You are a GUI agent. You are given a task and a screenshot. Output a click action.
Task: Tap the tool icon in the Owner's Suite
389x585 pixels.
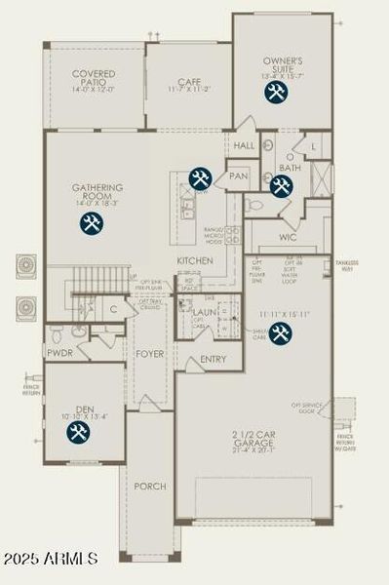276,92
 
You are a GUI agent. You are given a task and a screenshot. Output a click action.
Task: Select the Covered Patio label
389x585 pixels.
94,80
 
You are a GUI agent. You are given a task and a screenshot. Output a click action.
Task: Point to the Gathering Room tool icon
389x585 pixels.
91,223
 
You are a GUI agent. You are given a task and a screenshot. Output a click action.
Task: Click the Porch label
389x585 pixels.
150,486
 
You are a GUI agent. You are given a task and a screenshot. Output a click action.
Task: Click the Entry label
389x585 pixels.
213,360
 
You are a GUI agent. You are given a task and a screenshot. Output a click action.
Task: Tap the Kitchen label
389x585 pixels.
194,261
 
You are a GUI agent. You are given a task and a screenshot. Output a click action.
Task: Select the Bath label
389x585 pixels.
289,168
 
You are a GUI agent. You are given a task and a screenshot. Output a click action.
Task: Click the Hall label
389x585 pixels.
245,145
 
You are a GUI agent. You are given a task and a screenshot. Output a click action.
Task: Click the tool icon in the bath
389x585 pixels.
282,185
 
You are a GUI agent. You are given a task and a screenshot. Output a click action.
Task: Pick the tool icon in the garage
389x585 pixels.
281,333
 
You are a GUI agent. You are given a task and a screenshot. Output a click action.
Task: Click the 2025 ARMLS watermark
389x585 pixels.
51,559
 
